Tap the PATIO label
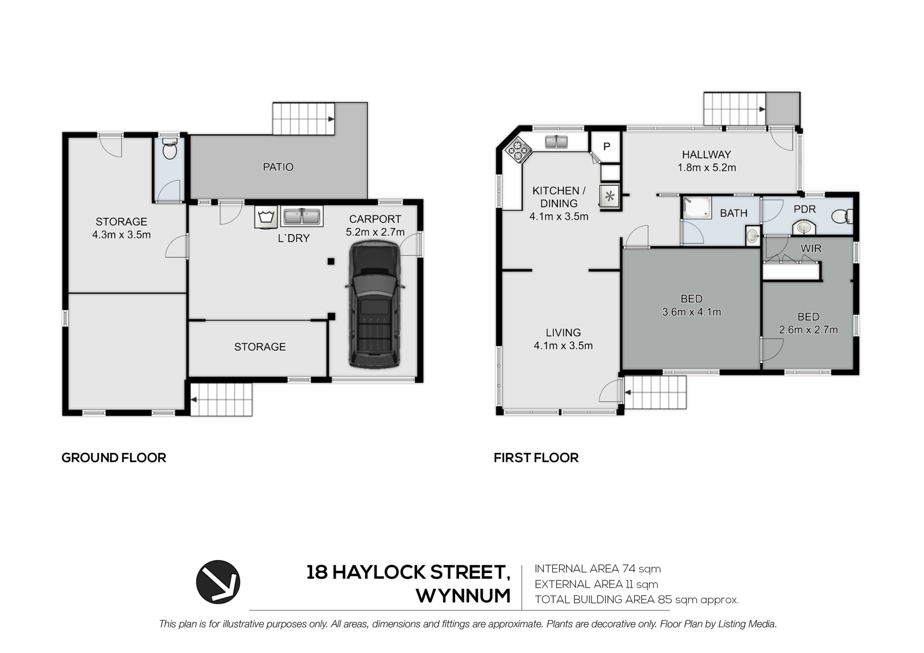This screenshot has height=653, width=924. pyautogui.click(x=278, y=167)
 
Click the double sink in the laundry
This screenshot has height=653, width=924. pyautogui.click(x=302, y=216)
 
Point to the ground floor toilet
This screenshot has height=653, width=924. pyautogui.click(x=170, y=149)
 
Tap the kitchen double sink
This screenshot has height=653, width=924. pyautogui.click(x=557, y=142)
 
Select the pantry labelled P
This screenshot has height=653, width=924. pyautogui.click(x=606, y=147)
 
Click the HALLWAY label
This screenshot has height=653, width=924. pyautogui.click(x=706, y=155)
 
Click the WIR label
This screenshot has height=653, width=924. pyautogui.click(x=811, y=248)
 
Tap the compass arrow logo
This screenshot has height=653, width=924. pyautogui.click(x=218, y=582)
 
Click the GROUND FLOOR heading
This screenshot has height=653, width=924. pyautogui.click(x=114, y=458)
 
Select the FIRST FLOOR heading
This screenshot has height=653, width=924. pyautogui.click(x=536, y=458)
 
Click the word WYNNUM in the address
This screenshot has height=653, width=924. pyautogui.click(x=463, y=596)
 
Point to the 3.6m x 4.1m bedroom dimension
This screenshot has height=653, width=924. pyautogui.click(x=691, y=312)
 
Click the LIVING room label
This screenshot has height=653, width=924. pyautogui.click(x=563, y=333)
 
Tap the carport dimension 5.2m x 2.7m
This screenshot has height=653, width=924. pyautogui.click(x=375, y=232)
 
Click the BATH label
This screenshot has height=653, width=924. pyautogui.click(x=734, y=213)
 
